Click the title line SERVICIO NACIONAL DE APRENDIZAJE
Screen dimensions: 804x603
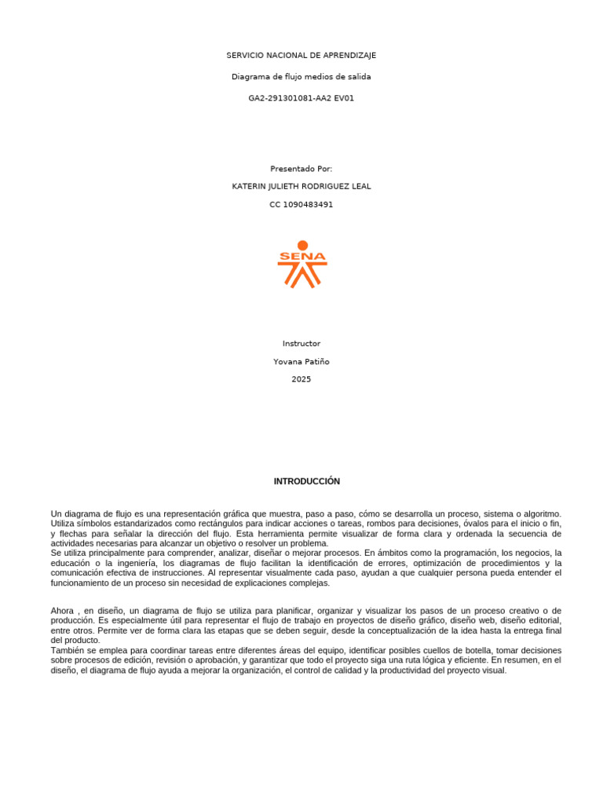coord(301,55)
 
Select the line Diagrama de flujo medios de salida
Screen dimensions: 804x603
coord(301,77)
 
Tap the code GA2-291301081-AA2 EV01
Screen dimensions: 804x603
coord(301,98)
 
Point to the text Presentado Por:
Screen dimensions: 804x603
coord(301,169)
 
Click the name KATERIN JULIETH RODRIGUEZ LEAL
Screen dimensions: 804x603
coord(301,187)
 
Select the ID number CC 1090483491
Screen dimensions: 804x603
coord(301,205)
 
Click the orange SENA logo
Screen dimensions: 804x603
coord(302,265)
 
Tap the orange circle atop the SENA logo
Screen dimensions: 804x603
coord(302,246)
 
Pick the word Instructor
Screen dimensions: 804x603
coord(301,344)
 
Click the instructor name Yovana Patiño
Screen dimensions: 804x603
coord(301,362)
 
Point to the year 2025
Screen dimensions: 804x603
coord(301,380)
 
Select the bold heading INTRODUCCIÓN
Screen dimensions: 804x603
coord(307,481)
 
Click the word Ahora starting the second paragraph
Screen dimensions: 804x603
coord(63,611)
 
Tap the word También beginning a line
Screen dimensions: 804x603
coord(68,651)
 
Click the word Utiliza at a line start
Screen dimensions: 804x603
coord(64,524)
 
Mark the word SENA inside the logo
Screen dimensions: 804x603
coord(302,257)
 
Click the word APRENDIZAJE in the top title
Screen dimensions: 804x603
coord(349,55)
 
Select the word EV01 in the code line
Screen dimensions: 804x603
coord(343,98)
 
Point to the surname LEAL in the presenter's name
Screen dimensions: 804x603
coord(360,187)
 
